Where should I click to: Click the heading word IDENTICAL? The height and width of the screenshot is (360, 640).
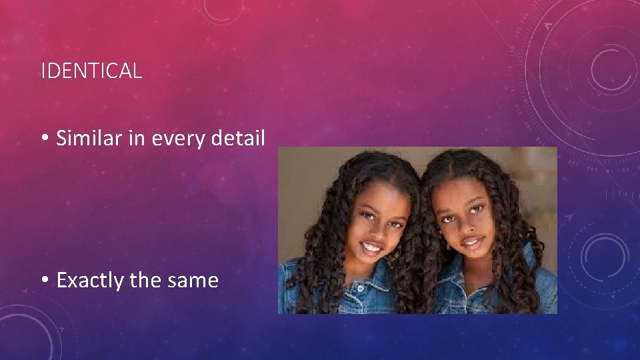[x=91, y=71]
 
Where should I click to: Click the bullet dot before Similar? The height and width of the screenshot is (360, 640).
[x=45, y=139]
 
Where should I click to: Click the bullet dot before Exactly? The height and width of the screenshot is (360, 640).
[x=45, y=281]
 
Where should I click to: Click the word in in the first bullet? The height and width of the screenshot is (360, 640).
[x=139, y=139]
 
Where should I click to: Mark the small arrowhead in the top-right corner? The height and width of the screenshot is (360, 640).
[x=548, y=26]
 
